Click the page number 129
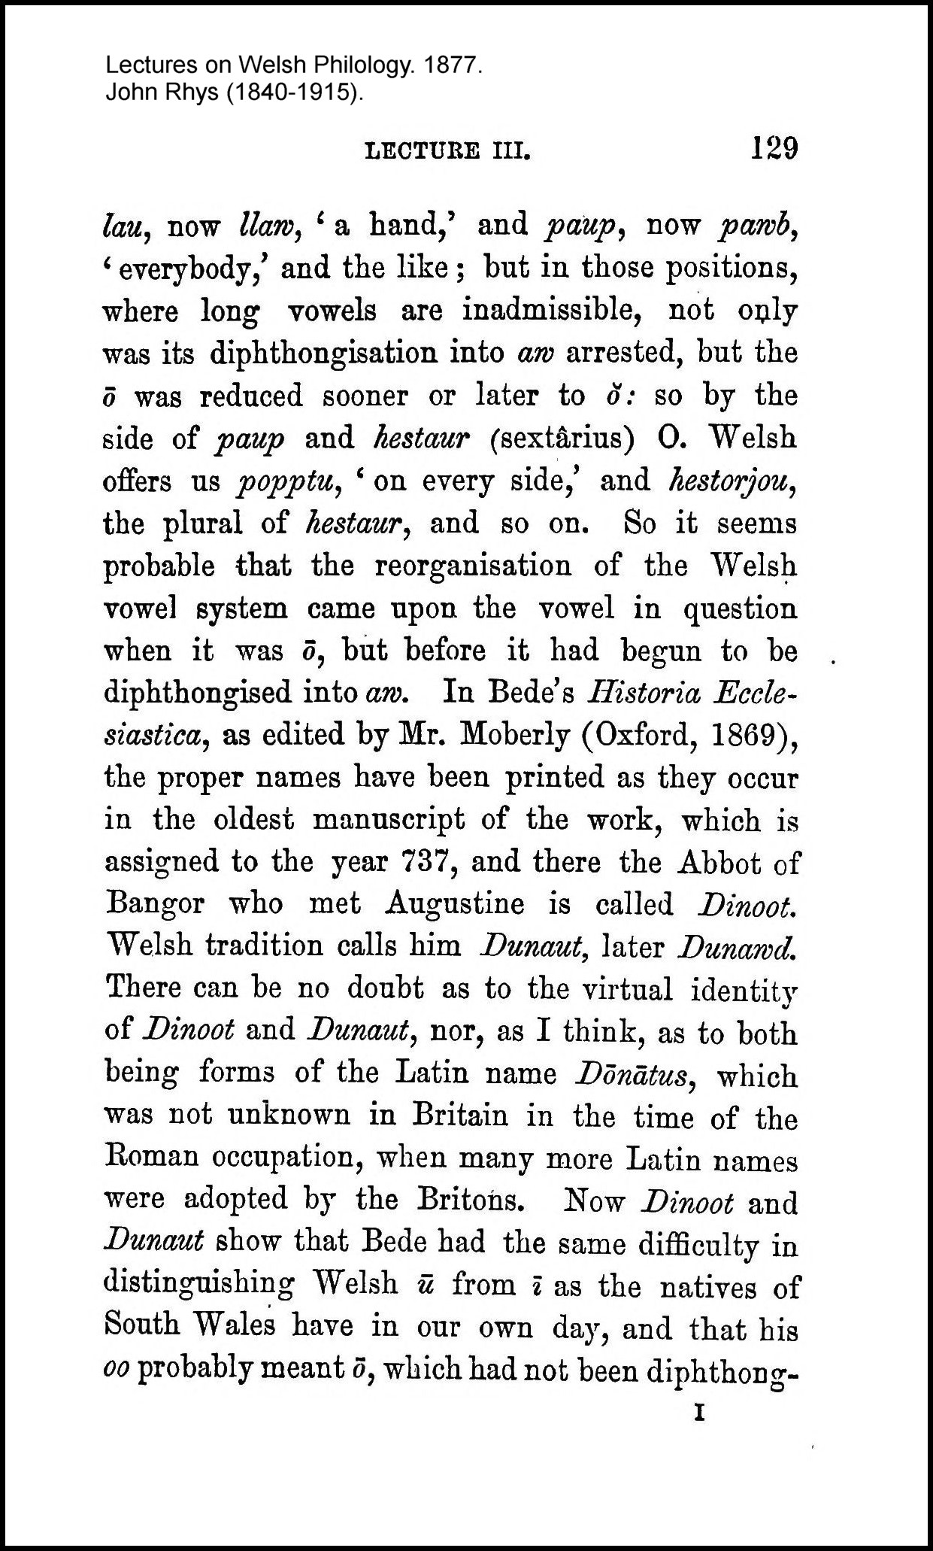[773, 148]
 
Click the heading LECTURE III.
[447, 153]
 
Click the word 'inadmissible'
[551, 311]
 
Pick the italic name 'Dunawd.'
[737, 946]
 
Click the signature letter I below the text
[699, 1415]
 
